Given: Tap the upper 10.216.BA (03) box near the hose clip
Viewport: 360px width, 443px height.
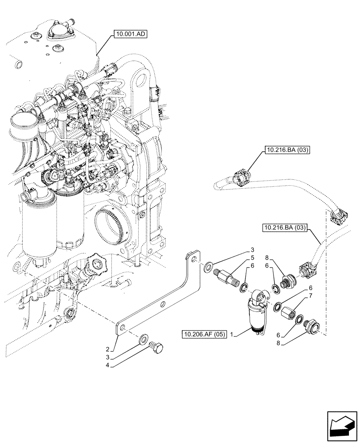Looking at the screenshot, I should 287,150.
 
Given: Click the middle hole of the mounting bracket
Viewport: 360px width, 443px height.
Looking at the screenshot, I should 163,304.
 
